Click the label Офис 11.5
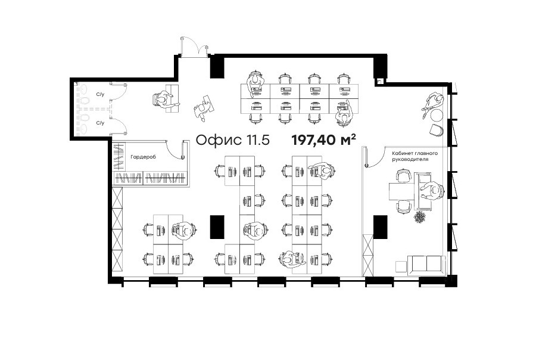pos(233,140)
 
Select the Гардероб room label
pos(143,157)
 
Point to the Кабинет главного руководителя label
pos(415,156)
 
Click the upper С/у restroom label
pos(100,94)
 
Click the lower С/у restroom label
pos(100,123)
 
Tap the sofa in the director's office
pos(426,265)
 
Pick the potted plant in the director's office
pos(419,217)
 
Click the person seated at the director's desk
pos(432,190)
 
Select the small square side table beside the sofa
pos(401,266)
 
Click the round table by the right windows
pos(437,114)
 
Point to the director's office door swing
pos(375,157)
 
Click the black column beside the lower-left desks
pos(217,226)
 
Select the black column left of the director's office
pos(380,226)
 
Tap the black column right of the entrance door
pos(217,67)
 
